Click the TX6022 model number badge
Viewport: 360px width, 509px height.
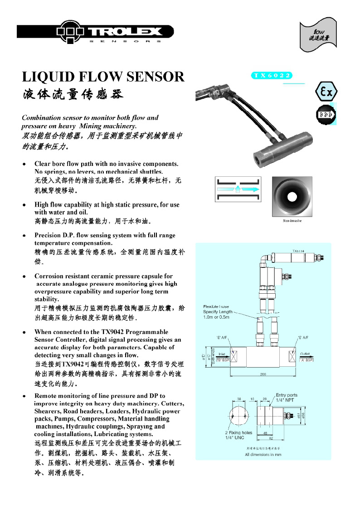click(x=272, y=76)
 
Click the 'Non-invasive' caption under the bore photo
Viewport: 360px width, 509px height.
click(x=292, y=221)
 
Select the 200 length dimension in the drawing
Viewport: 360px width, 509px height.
click(x=263, y=374)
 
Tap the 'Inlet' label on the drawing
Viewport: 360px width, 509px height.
click(x=223, y=354)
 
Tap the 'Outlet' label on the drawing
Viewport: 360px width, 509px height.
click(x=305, y=354)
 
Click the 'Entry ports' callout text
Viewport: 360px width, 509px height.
click(x=287, y=395)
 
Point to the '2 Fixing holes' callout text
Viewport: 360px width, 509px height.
click(x=239, y=433)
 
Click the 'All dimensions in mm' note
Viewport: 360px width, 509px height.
click(x=263, y=454)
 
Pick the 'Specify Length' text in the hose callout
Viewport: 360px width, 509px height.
click(x=218, y=312)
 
